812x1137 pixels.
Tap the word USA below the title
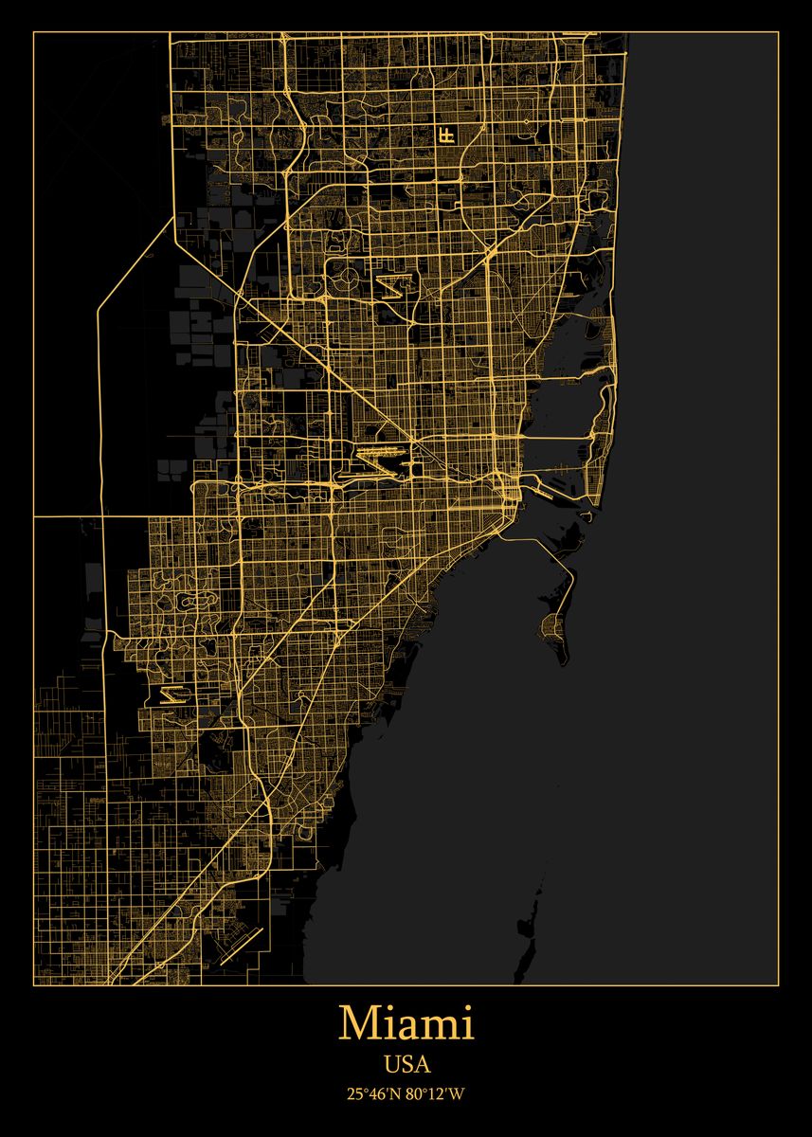point(406,1065)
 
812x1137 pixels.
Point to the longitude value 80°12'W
point(436,1094)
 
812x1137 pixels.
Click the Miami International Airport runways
point(384,460)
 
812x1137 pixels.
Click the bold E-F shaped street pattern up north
point(445,135)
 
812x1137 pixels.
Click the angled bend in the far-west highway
point(100,308)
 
